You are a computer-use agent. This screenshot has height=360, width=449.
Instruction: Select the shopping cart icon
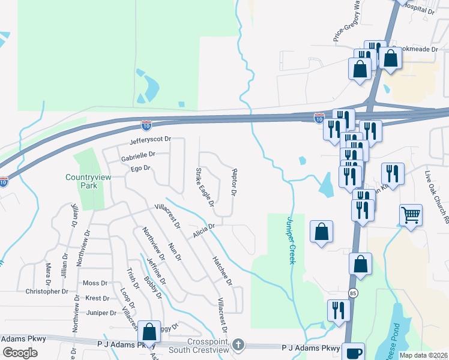click(x=411, y=215)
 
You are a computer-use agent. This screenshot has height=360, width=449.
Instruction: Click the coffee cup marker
click(x=352, y=352)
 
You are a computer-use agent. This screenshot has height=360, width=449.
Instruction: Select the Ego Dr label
click(x=139, y=169)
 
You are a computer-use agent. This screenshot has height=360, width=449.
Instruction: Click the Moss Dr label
click(x=95, y=283)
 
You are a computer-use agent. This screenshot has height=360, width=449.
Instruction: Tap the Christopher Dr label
click(x=47, y=292)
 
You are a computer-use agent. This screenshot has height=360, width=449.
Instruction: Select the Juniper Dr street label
click(x=101, y=313)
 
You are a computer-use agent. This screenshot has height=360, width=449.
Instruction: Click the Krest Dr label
click(x=97, y=298)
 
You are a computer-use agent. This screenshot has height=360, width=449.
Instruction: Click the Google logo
click(x=20, y=352)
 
